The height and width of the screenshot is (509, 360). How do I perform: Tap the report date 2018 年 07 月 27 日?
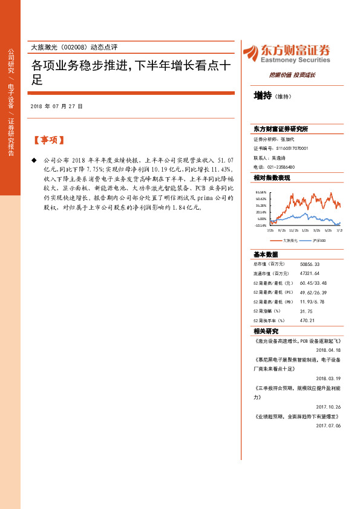[x=56, y=106]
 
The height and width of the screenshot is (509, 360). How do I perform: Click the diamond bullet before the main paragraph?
[x=34, y=160]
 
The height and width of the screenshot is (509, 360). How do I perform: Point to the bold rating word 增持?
[x=263, y=95]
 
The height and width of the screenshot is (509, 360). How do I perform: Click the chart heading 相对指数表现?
[x=272, y=178]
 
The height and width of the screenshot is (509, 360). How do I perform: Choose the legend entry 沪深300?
[x=320, y=241]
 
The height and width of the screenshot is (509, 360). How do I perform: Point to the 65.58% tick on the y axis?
[x=261, y=192]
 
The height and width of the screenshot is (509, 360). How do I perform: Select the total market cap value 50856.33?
[x=309, y=264]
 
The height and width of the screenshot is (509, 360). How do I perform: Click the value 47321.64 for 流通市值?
[x=309, y=274]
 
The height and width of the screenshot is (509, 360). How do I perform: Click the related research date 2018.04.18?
[x=329, y=349]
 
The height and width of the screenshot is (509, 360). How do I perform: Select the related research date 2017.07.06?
[x=329, y=426]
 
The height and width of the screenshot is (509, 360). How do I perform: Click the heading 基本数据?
[x=266, y=254]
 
